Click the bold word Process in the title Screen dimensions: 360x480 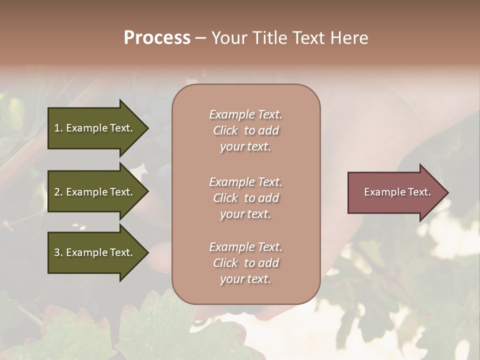point(157,38)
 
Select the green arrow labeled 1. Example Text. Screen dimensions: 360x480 point(95,128)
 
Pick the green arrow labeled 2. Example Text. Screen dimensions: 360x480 point(95,192)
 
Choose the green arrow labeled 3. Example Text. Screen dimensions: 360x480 point(95,252)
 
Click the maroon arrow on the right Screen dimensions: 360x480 point(395,192)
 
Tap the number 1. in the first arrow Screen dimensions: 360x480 point(58,128)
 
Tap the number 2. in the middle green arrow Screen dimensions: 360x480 point(58,192)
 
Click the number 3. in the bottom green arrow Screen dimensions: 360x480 point(58,252)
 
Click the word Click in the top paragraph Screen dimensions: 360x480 point(225,130)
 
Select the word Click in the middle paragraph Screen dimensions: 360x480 point(225,198)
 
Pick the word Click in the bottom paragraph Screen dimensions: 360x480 point(225,263)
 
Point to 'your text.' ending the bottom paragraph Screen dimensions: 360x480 point(245,279)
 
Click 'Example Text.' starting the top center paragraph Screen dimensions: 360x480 point(245,114)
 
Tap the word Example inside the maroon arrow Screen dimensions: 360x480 point(381,192)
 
